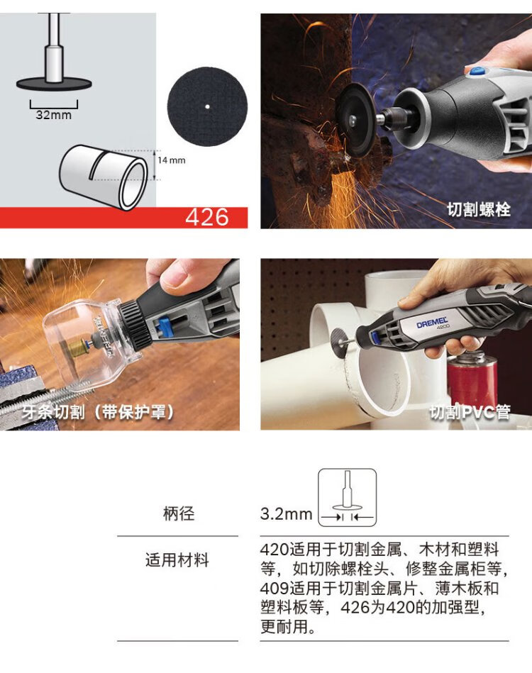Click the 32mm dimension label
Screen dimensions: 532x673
click(x=54, y=115)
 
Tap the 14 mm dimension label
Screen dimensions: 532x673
click(x=172, y=160)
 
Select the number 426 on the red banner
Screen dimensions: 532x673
click(x=207, y=217)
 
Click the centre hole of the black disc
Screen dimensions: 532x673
click(x=207, y=106)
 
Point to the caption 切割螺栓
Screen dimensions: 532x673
click(x=478, y=209)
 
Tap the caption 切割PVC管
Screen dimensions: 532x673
click(x=470, y=412)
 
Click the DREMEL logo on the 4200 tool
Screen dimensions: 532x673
click(x=432, y=323)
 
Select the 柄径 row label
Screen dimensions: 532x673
click(x=179, y=513)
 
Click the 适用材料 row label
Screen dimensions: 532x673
click(x=177, y=560)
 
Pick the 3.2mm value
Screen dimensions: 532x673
click(x=286, y=513)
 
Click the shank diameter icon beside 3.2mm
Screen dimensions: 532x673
click(x=347, y=497)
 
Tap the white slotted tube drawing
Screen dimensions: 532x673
click(x=103, y=178)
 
